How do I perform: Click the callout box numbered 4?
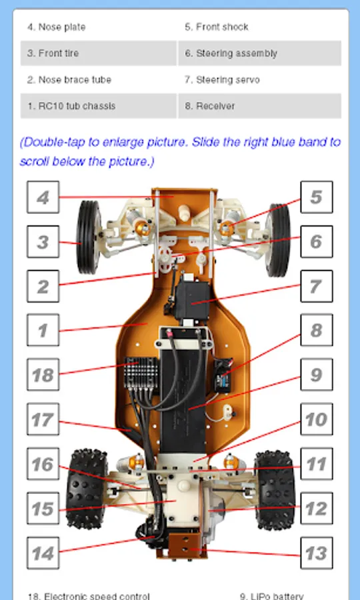point(43,197)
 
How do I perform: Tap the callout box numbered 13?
point(317,553)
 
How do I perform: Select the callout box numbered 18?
point(43,375)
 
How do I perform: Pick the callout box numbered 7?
point(317,286)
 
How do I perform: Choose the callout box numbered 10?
point(317,419)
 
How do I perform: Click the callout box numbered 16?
point(43,464)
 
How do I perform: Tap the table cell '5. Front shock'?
point(260,27)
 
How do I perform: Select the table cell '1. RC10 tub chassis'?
point(99,106)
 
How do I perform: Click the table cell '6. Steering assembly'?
point(260,53)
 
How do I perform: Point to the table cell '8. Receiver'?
point(260,106)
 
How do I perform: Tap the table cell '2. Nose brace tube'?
point(99,79)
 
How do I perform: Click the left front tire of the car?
point(89,237)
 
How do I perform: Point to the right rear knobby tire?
point(275,490)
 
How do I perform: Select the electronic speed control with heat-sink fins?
point(141,372)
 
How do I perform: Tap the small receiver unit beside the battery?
point(223,375)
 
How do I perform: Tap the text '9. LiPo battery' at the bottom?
point(271,596)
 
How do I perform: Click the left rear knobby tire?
point(87,489)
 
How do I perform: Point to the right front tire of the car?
point(278,240)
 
